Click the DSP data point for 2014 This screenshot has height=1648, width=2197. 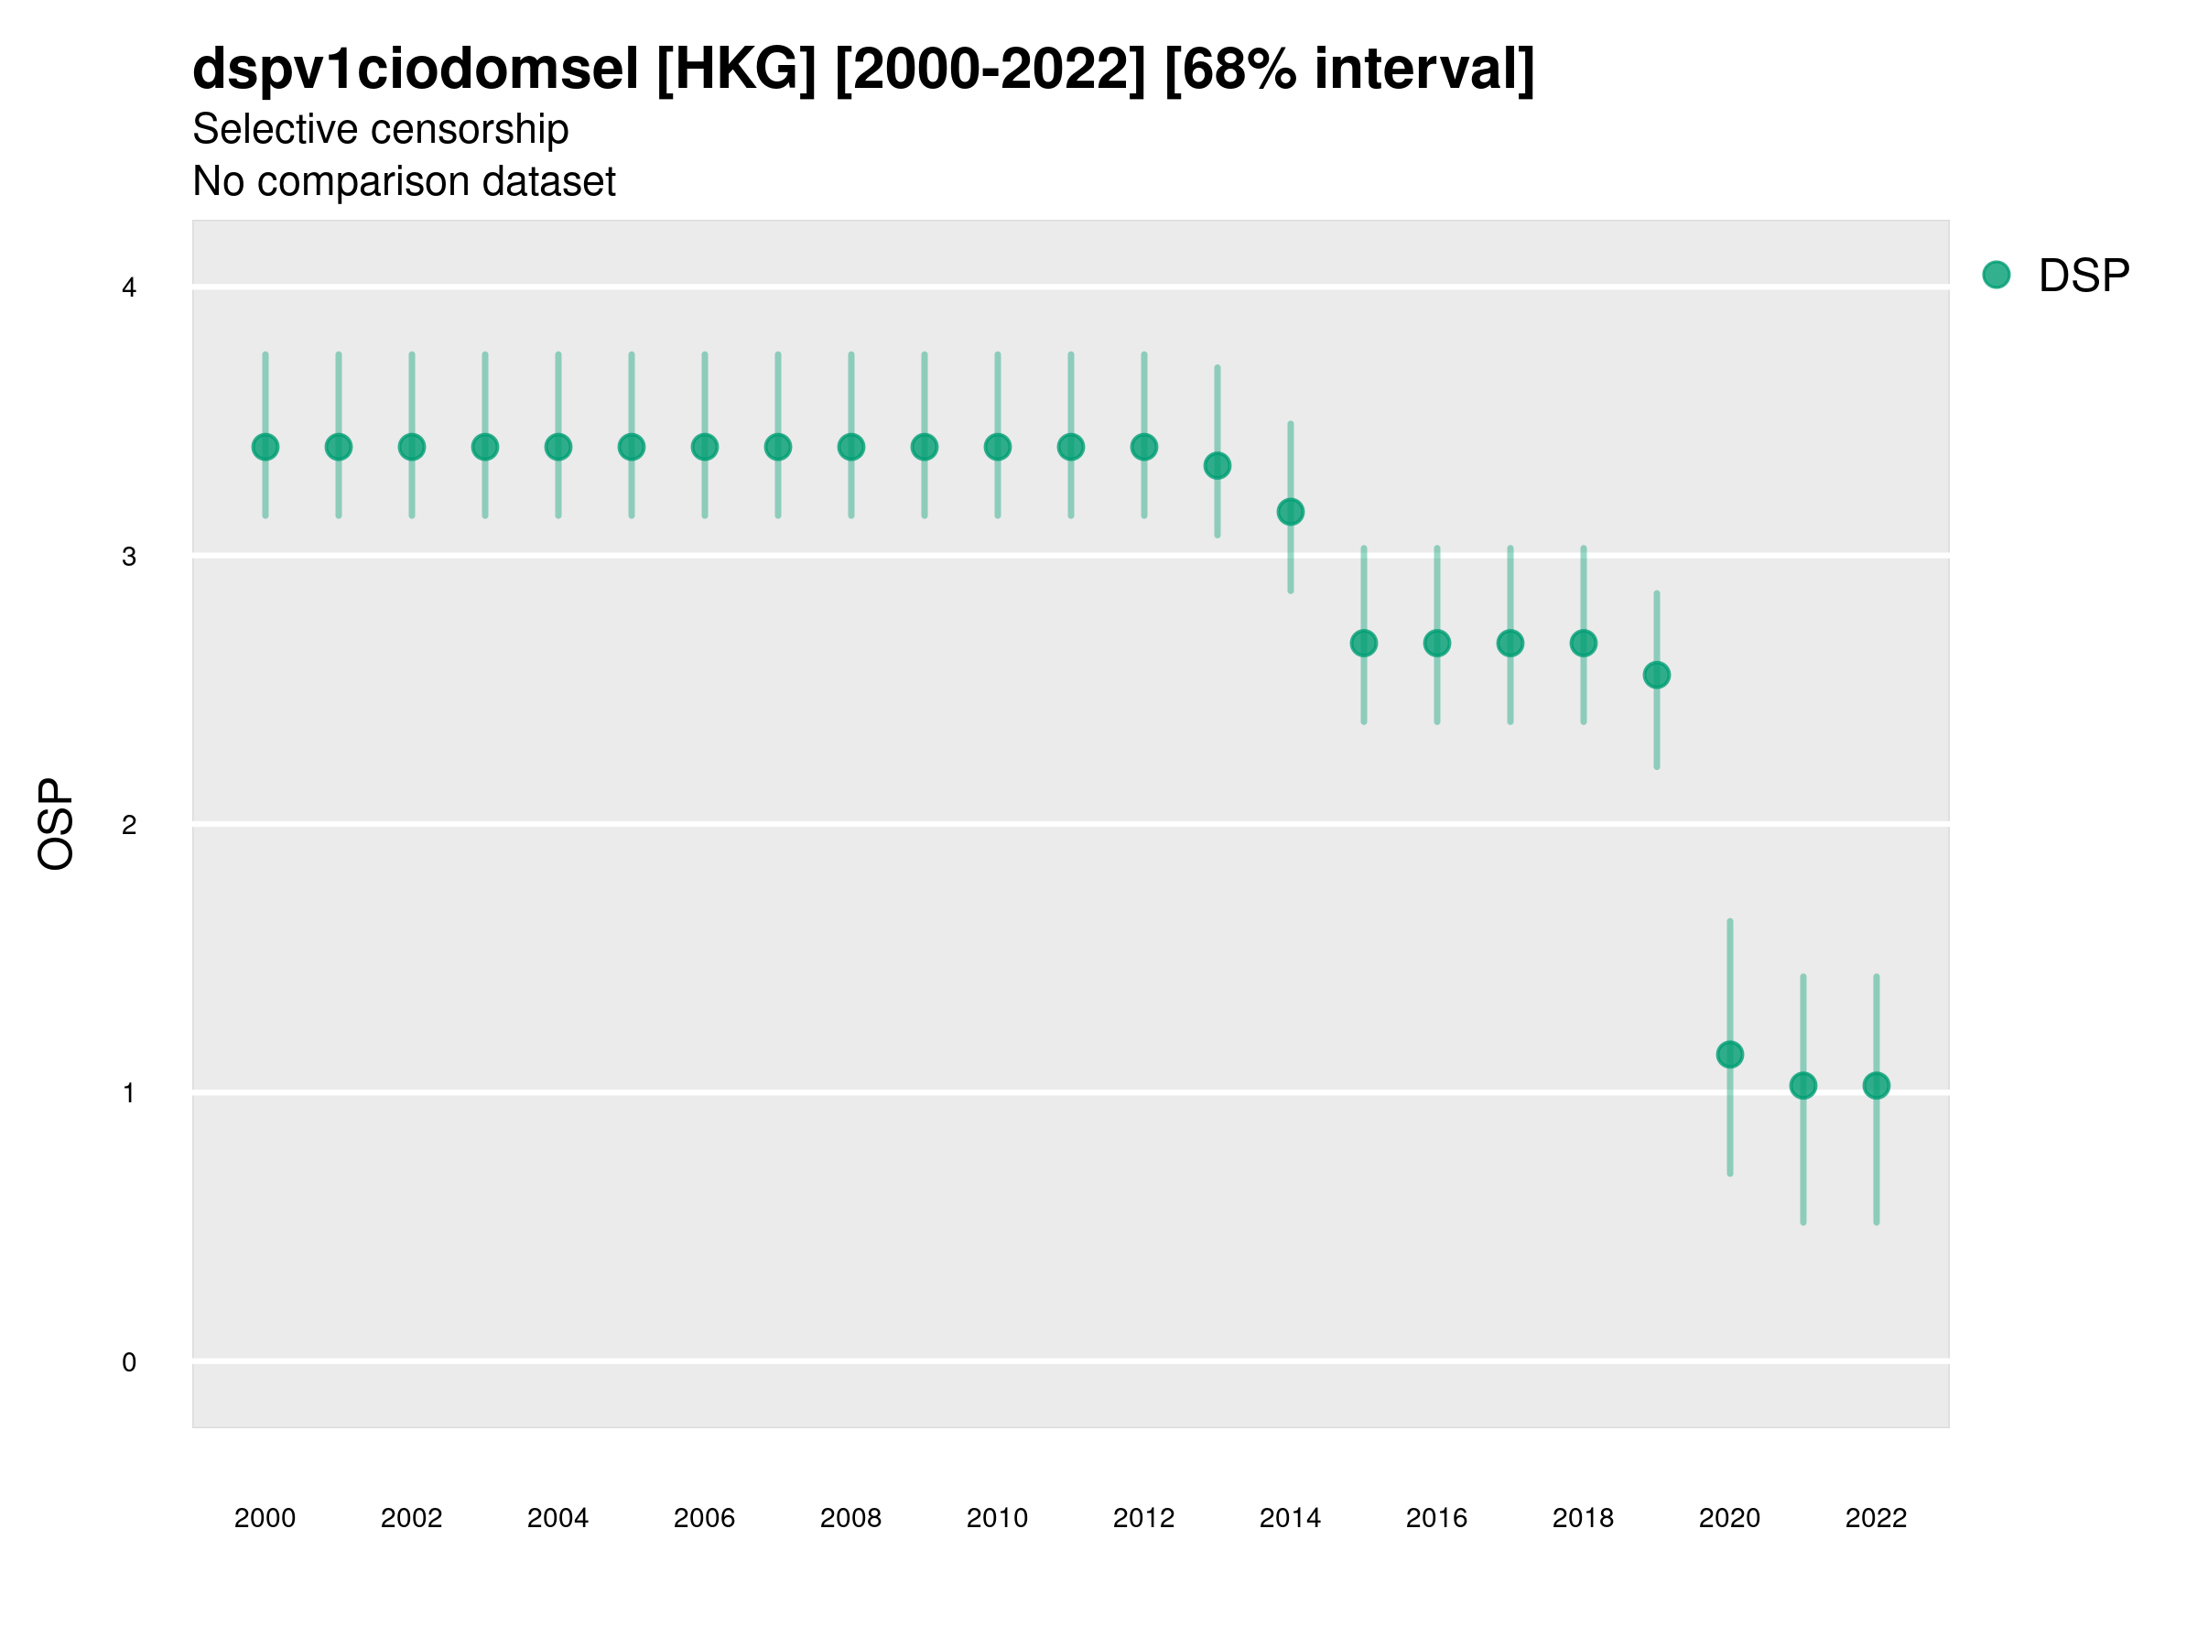pos(1290,512)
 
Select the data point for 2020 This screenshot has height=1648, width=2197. pos(1729,1054)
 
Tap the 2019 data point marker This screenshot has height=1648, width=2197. pos(1657,676)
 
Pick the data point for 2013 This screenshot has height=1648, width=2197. pos(1217,466)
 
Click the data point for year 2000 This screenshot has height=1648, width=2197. pos(265,447)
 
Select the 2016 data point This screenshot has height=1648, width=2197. pos(1436,644)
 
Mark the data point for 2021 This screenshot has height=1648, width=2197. pos(1802,1086)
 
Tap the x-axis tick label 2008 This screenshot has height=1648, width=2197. pos(850,1518)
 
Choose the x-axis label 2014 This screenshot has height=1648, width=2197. pos(1289,1518)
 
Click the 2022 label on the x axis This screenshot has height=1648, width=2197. pos(1875,1518)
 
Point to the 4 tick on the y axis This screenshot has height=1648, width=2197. pos(129,288)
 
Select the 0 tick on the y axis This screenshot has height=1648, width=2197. pos(129,1362)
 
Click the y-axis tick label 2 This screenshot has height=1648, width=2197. pos(129,825)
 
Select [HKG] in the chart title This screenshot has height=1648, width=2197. pos(736,70)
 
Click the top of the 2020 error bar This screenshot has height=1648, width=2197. pos(1729,922)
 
